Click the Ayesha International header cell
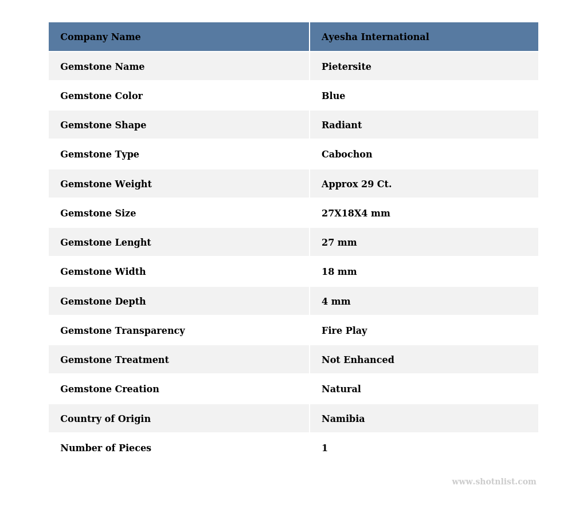(375, 37)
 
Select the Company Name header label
(100, 37)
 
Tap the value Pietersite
(346, 67)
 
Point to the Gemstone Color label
(101, 96)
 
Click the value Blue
(333, 96)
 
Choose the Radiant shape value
(342, 125)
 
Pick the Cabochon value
(347, 155)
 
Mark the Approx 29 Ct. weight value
(357, 184)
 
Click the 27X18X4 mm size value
(355, 214)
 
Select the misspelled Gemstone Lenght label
(105, 243)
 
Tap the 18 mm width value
(339, 272)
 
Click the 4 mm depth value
(336, 302)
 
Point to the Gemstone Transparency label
(123, 331)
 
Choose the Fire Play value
(344, 331)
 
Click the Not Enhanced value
(358, 360)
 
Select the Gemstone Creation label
(109, 389)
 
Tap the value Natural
(341, 389)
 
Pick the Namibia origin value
(343, 419)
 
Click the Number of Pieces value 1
(324, 448)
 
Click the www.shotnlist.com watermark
(494, 482)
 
